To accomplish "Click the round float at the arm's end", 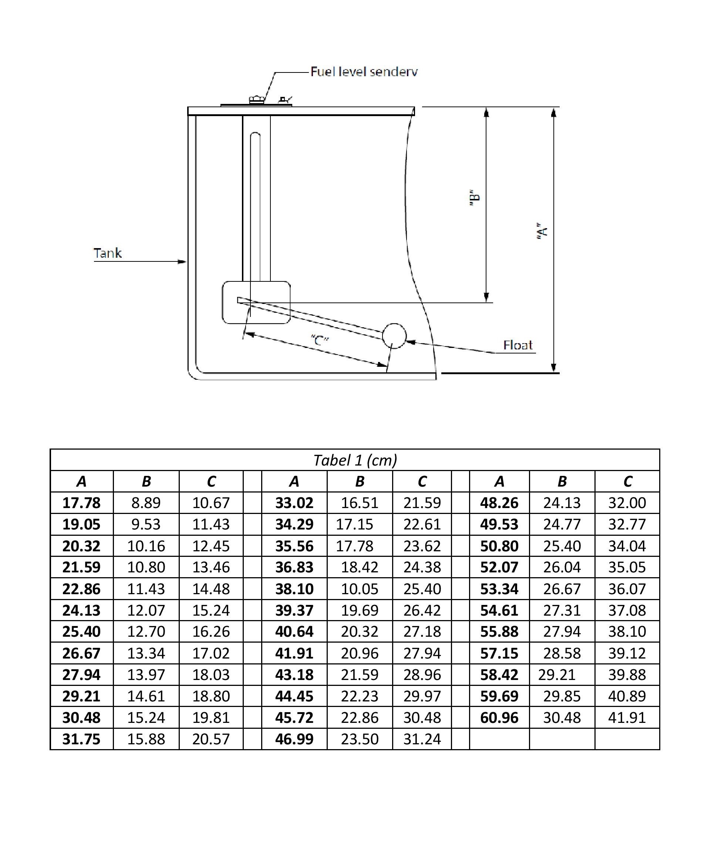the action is point(394,336).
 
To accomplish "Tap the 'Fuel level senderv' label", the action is point(364,72).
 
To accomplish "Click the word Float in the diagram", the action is point(518,345).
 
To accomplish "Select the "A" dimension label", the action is point(542,231).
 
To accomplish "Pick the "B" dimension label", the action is point(474,198).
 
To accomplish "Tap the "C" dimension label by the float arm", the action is point(320,340).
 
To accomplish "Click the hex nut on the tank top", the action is point(257,99).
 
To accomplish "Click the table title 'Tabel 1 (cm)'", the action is point(355,460).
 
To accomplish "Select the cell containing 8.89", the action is point(146,502).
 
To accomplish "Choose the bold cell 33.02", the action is point(294,502).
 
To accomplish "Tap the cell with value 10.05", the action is point(360,589).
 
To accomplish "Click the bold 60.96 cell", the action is point(499,718).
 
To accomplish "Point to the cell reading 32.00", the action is point(627,502).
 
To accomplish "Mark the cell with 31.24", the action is point(422,739).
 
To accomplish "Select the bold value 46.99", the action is point(294,739).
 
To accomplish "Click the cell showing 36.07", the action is point(627,589).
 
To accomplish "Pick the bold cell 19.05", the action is point(81,524).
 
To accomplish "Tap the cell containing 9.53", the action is point(146,524).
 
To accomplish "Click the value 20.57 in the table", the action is point(211,739).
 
